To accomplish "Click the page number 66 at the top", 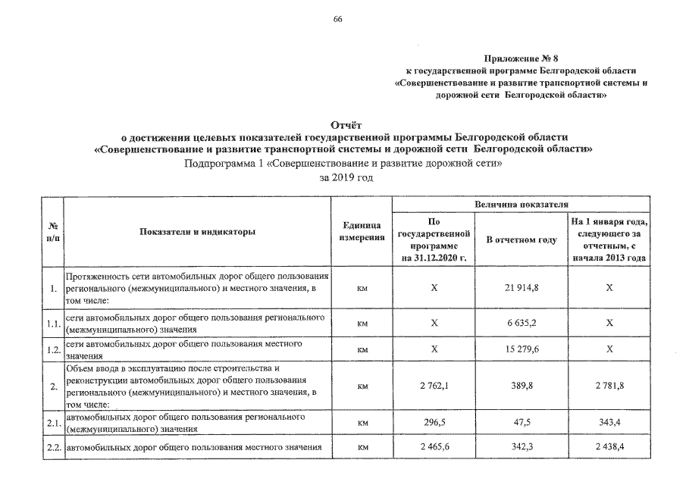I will point(338,19).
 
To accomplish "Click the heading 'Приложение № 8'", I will point(516,58).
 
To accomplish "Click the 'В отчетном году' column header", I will point(521,239).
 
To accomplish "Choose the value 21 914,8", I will point(521,289).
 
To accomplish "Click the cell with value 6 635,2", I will point(521,322).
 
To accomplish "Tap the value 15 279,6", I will point(521,349).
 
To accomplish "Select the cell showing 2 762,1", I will point(434,386).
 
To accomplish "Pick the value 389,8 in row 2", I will point(521,386).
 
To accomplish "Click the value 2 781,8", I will point(608,386).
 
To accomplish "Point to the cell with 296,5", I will point(434,422).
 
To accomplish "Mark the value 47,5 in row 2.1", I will point(521,422).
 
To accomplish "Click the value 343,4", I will point(608,422).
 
